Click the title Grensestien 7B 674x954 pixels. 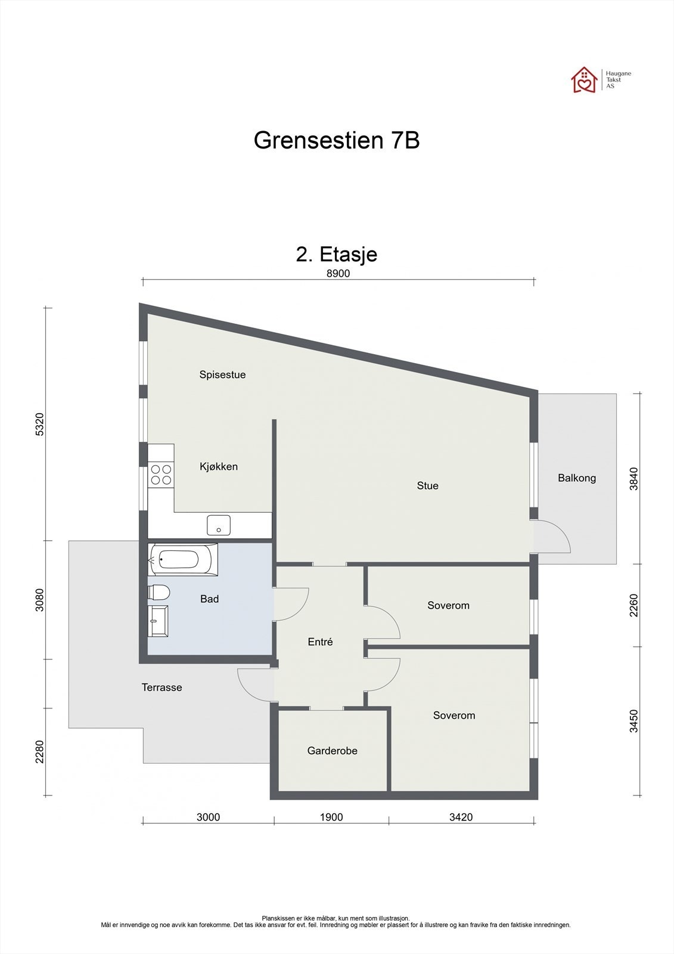point(337,141)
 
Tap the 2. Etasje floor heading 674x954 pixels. point(337,255)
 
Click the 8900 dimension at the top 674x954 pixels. point(338,274)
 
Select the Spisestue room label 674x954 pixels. point(222,375)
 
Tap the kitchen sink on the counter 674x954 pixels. point(219,525)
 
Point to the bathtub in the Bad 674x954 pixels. point(182,559)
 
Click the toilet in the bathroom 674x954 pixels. point(159,592)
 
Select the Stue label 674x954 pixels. point(427,486)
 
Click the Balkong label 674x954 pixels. point(576,478)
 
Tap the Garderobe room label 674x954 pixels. point(332,751)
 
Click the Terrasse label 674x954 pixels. point(161,687)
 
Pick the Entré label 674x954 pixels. point(320,642)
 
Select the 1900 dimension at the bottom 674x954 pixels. point(331,817)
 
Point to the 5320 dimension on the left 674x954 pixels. point(39,425)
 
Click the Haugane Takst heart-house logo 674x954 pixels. point(584,80)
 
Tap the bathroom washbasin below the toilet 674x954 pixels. point(159,621)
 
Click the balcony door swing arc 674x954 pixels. point(558,535)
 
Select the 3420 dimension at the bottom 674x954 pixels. point(461,817)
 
